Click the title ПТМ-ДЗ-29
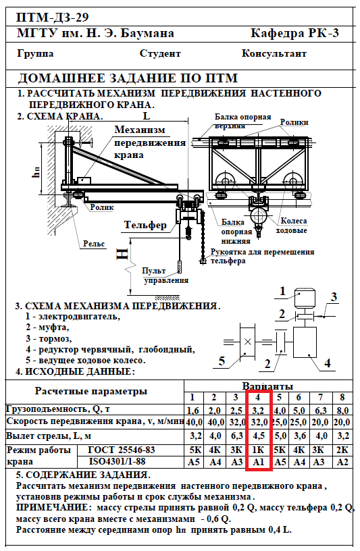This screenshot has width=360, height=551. coord(53,17)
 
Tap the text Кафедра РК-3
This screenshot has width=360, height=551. coord(294,33)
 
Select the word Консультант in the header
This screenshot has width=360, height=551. coord(274,53)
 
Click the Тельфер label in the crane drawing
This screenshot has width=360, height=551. coord(145,225)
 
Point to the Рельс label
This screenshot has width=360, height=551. coord(94,244)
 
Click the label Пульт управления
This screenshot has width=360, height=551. coord(165,275)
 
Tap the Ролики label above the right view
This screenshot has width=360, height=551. coord(294,122)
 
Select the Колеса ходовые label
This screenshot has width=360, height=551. coord(294,226)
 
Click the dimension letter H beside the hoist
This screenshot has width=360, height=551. coord(123,254)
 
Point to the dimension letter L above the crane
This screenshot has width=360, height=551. coord(147,115)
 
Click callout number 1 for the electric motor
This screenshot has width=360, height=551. coord(282,291)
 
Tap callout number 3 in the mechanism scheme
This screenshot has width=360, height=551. coord(334,297)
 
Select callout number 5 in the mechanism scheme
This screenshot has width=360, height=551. coord(222,361)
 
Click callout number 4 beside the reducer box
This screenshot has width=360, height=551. coord(328,363)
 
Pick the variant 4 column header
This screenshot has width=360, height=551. coord(258,397)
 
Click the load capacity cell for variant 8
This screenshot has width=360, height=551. coord(342,410)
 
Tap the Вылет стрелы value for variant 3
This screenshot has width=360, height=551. coord(236,436)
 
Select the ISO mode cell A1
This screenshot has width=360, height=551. coord(259,461)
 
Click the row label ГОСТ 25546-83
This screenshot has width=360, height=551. coord(122,450)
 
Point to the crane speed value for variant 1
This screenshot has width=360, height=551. coord(194,421)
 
